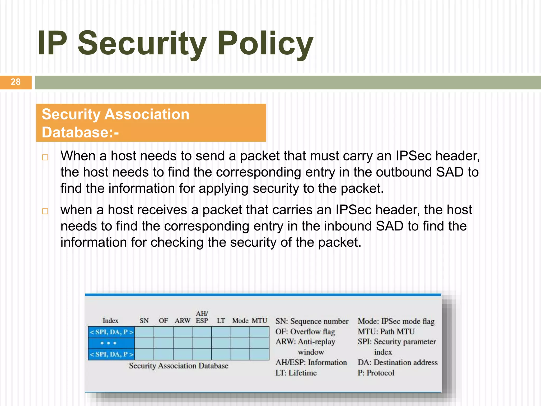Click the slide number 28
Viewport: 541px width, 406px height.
pyautogui.click(x=16, y=82)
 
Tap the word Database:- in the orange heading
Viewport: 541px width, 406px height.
pyautogui.click(x=80, y=132)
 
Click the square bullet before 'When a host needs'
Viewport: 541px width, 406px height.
pyautogui.click(x=45, y=157)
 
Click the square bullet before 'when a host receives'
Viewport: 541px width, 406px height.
pyautogui.click(x=45, y=211)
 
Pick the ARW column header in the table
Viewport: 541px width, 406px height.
pyautogui.click(x=182, y=321)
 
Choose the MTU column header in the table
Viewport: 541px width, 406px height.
pyautogui.click(x=259, y=321)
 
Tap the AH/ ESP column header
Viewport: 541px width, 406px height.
pyautogui.click(x=202, y=317)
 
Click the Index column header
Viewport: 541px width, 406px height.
pyautogui.click(x=110, y=321)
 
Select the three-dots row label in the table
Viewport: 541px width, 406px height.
pyautogui.click(x=109, y=343)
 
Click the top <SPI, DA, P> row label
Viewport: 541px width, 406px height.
pyautogui.click(x=111, y=332)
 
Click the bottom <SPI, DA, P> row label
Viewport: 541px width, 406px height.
pyautogui.click(x=111, y=354)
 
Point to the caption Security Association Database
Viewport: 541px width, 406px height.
pyautogui.click(x=179, y=366)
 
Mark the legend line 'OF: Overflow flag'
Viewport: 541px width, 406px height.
pyautogui.click(x=305, y=331)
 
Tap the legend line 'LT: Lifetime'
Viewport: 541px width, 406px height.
pyautogui.click(x=296, y=373)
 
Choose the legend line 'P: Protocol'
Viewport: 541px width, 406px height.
pyautogui.click(x=376, y=373)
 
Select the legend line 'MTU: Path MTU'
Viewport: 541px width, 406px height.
pyautogui.click(x=386, y=331)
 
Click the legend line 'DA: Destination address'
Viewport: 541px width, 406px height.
pyautogui.click(x=398, y=362)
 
